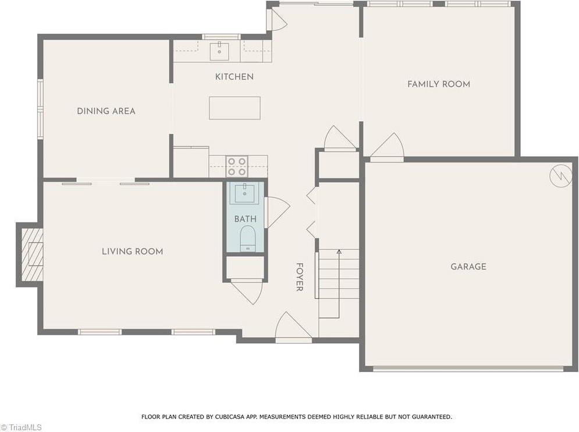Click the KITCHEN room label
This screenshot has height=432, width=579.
(234, 77)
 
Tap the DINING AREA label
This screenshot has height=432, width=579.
(106, 111)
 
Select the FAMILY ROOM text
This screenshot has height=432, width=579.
(438, 84)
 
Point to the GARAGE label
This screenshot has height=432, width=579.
(468, 267)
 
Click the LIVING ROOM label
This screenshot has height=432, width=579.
(132, 252)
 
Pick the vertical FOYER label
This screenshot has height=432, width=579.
(299, 277)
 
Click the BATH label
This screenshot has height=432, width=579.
(245, 219)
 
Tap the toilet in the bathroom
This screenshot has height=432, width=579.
(248, 239)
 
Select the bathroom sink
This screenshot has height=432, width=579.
(245, 193)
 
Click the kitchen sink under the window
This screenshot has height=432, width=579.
(219, 51)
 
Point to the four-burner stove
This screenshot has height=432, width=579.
(237, 167)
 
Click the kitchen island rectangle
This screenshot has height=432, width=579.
(235, 108)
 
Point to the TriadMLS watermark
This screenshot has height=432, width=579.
(22, 427)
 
